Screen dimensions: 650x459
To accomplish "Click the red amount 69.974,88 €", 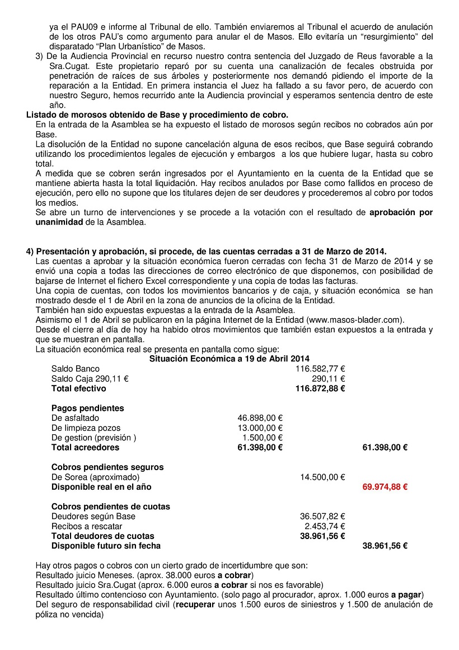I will point(385,487).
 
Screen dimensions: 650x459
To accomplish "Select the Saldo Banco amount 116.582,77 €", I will point(320,369).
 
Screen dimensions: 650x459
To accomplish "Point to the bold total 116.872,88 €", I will point(320,388).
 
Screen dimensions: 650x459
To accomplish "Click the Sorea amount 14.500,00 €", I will point(322,477).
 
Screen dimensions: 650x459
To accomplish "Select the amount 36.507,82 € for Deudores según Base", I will point(322,517).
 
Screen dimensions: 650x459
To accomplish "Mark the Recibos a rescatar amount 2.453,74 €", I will point(325,526).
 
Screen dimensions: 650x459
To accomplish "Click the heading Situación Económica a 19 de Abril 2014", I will point(230,359).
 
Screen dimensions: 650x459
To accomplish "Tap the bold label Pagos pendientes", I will point(87,408).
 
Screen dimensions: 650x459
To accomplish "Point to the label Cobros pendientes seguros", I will point(107,467).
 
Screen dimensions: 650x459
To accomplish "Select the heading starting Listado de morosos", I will point(157,115).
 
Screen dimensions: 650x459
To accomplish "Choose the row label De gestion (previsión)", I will point(93,438).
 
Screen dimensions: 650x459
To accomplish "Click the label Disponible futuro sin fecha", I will point(106,546).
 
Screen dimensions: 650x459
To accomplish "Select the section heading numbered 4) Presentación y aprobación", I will point(206,251).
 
